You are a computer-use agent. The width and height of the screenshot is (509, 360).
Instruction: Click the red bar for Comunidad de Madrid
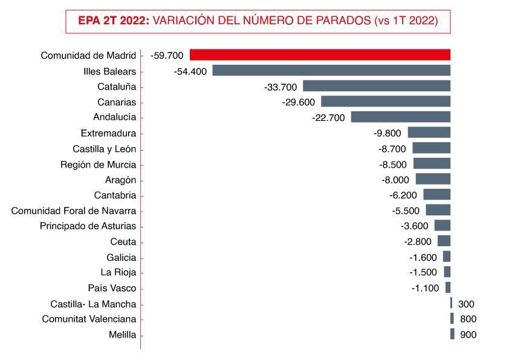click(320, 55)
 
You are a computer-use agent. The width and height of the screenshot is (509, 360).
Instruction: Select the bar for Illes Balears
click(331, 71)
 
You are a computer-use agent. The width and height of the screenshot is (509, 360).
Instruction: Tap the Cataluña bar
click(377, 87)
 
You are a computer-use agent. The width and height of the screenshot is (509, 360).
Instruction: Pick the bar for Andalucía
click(401, 117)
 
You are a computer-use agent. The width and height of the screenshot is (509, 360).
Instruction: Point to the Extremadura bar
click(429, 133)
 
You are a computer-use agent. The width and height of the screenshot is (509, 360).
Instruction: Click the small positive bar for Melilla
click(452, 334)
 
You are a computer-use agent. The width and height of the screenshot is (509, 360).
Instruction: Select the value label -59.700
click(166, 56)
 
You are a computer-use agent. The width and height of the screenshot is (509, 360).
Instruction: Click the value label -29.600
click(298, 102)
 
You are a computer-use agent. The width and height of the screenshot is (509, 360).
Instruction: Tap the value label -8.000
click(395, 180)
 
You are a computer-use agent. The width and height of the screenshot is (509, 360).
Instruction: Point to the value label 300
click(466, 304)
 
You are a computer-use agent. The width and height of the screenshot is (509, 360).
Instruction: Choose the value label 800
click(468, 319)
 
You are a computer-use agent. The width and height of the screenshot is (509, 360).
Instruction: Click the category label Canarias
click(117, 102)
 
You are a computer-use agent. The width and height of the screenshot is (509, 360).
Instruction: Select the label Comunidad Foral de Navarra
click(74, 211)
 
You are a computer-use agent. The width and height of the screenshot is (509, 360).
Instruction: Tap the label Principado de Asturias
click(88, 226)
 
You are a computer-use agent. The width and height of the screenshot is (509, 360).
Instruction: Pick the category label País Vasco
click(112, 288)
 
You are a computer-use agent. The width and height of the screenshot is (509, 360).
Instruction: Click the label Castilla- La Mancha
click(93, 304)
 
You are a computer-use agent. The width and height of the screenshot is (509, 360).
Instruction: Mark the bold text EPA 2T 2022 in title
click(114, 21)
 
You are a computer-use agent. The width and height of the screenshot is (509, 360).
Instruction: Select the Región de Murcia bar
click(432, 164)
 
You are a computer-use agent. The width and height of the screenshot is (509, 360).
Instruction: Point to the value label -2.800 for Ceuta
click(418, 242)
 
